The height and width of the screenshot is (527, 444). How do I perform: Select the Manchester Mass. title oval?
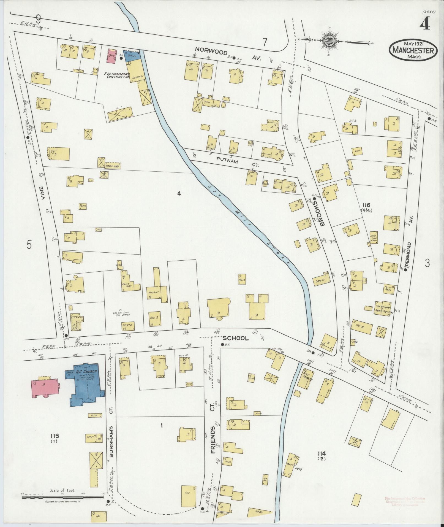coord(413,50)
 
